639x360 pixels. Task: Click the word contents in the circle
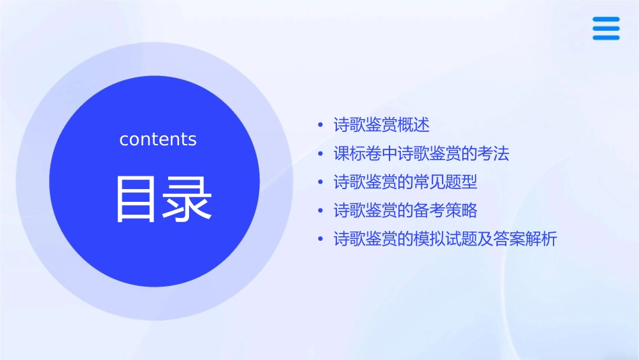158,139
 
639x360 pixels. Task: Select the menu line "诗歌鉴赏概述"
381,125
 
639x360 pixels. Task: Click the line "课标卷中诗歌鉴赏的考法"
421,154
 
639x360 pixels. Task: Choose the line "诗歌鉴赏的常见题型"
405,182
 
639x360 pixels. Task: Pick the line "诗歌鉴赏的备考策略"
405,211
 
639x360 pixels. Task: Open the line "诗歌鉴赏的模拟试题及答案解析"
445,239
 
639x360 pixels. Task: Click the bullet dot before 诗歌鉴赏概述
321,126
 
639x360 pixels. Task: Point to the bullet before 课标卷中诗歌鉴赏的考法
321,155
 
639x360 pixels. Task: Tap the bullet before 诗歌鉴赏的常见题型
321,183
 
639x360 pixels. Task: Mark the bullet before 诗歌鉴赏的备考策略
321,211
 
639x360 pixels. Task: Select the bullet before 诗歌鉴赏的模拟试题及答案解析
321,240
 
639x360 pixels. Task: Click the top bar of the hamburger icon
606,19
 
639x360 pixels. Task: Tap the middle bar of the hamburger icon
606,28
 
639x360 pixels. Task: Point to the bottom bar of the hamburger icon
606,38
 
